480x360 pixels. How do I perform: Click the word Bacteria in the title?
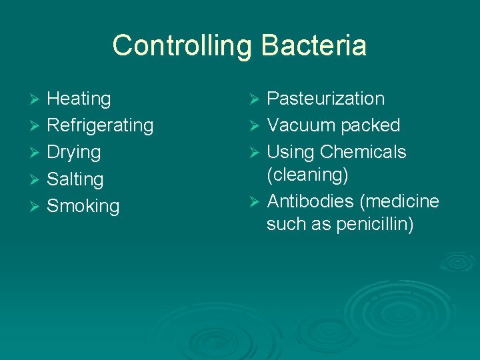[314, 45]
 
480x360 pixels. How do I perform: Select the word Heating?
[79, 99]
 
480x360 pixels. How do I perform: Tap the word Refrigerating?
[100, 126]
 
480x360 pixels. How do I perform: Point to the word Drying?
[73, 152]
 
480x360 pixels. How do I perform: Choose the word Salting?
[75, 179]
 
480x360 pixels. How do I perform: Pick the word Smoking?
[83, 206]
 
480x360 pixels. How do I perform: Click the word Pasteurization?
[325, 99]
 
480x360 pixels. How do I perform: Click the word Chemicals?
[363, 152]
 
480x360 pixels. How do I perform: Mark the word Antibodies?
[311, 201]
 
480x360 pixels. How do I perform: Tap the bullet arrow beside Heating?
[36, 99]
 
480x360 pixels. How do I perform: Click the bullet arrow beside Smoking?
[36, 207]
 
